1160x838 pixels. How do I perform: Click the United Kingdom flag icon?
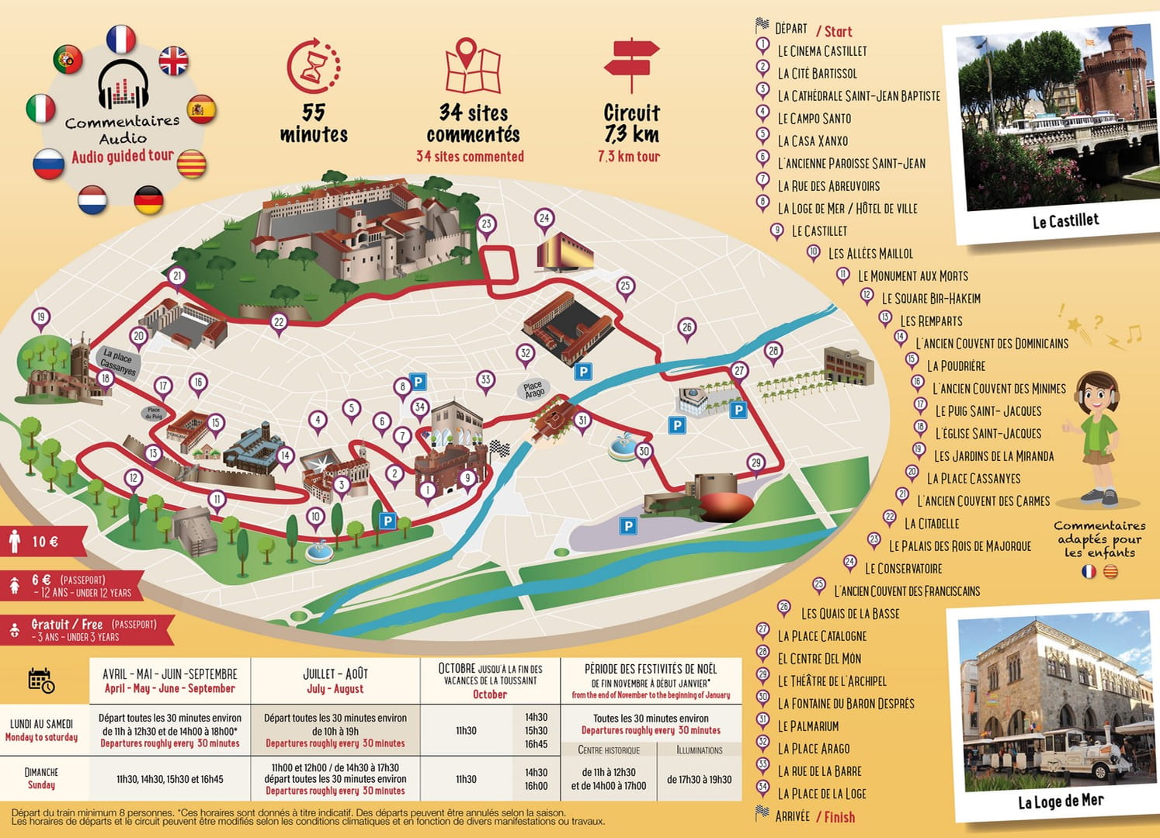(x=173, y=61)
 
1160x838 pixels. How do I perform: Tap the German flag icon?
(x=148, y=200)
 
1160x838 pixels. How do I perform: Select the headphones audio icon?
(x=123, y=84)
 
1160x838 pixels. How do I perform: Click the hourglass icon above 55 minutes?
(x=313, y=66)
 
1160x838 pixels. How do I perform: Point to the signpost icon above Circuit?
(x=631, y=65)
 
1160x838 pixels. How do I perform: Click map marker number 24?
(x=544, y=219)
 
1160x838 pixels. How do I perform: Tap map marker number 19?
(x=40, y=317)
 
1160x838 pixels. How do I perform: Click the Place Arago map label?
(x=533, y=390)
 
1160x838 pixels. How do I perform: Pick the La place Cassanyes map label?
(x=118, y=362)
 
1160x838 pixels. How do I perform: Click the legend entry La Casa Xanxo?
(x=812, y=141)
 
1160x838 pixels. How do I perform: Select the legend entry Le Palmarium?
(x=807, y=726)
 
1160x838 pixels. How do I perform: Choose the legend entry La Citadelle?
(x=931, y=524)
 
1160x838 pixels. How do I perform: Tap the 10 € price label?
(x=45, y=542)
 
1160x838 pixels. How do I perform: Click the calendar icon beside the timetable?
(x=41, y=680)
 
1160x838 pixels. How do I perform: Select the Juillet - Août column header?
(x=335, y=680)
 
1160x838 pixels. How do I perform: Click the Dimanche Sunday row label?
(x=42, y=778)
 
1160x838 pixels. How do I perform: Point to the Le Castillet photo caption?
(x=1065, y=221)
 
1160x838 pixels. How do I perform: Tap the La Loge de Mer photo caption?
(x=1060, y=801)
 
